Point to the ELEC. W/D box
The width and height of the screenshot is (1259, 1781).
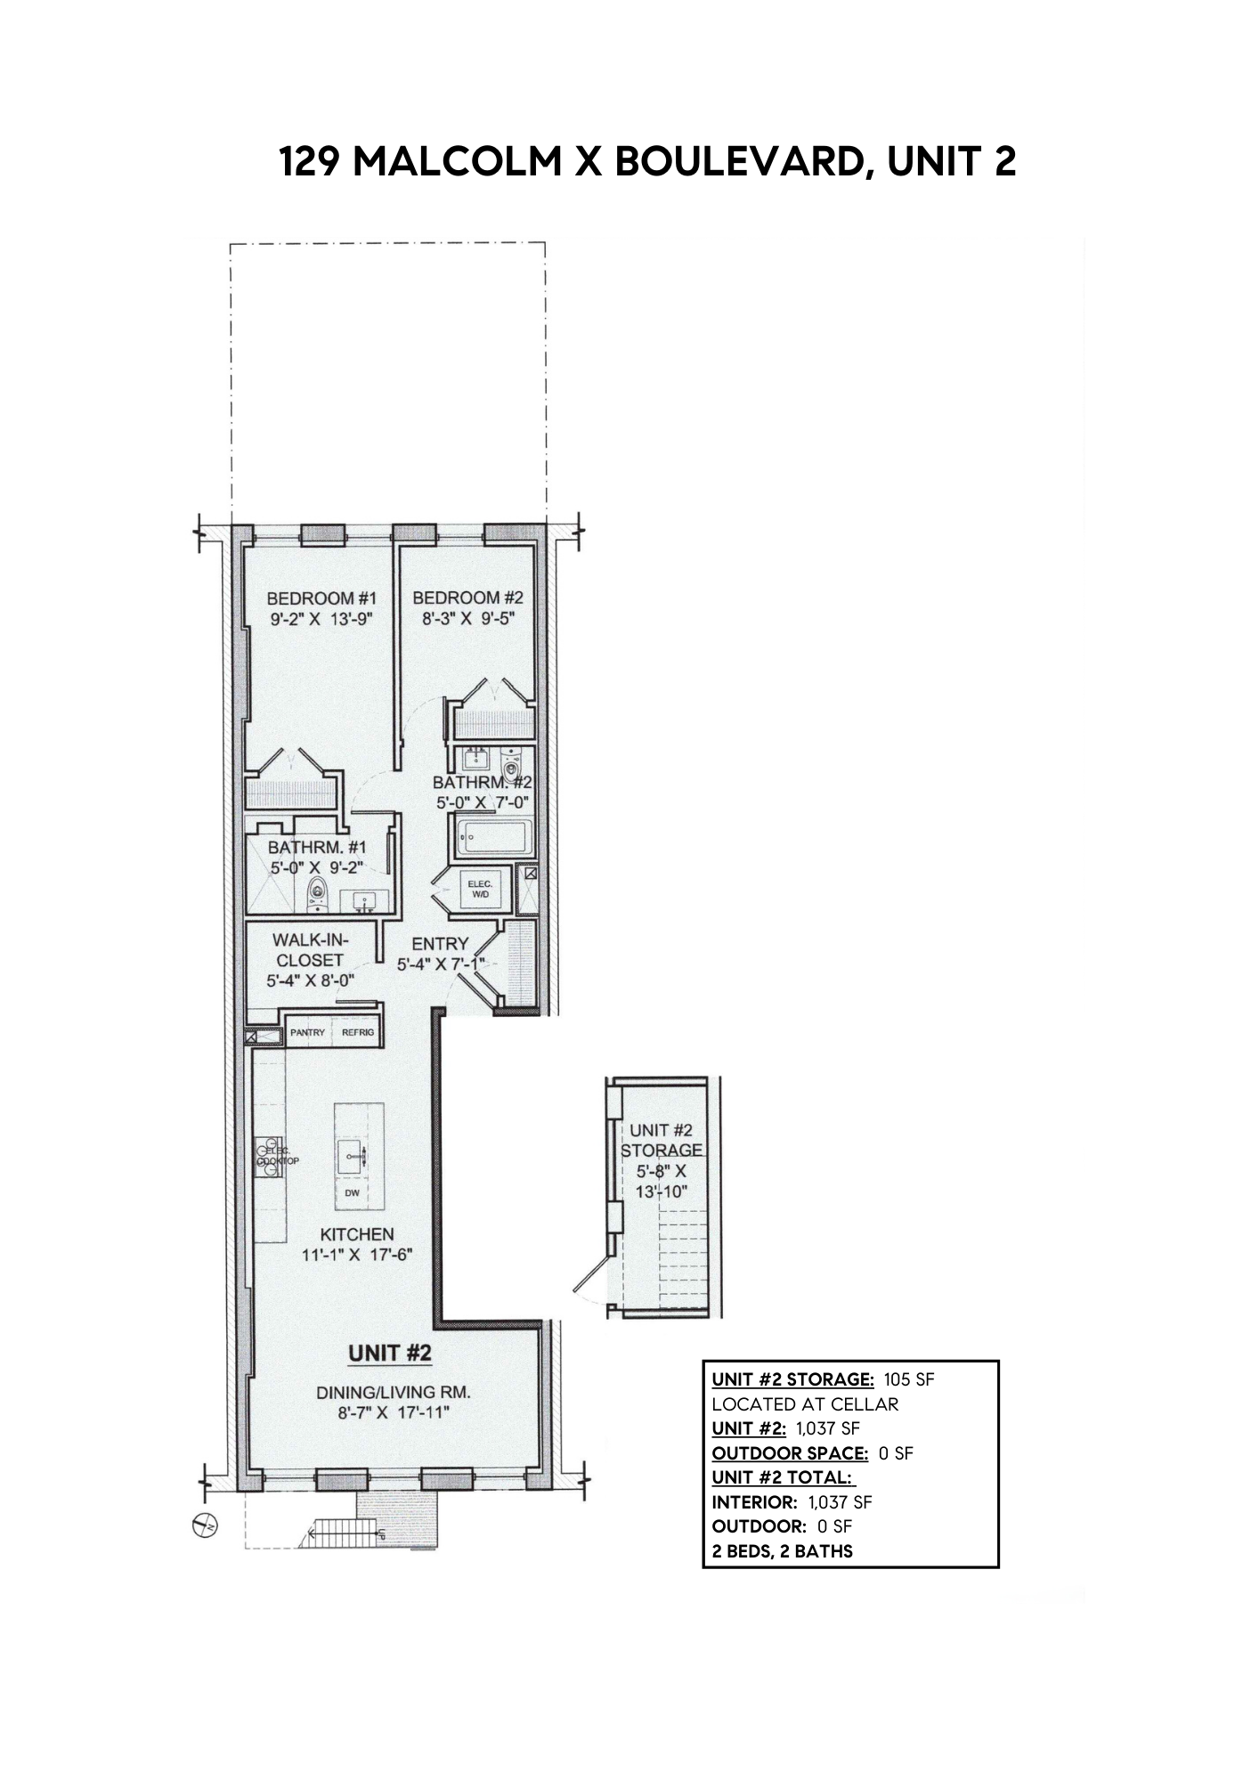480,888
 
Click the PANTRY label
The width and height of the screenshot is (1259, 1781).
307,1033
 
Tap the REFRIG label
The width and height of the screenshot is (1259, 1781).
358,1033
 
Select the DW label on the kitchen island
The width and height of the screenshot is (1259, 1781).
352,1193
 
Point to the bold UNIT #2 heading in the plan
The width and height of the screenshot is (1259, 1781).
390,1354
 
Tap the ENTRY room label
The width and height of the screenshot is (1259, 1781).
440,944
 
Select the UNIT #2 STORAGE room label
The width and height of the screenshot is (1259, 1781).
662,1140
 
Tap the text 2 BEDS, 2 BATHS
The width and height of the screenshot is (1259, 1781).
783,1551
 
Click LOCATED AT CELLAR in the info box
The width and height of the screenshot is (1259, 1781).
805,1404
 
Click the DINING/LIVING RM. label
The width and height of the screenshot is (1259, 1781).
393,1393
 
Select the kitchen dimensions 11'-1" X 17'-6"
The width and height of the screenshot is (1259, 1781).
357,1256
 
